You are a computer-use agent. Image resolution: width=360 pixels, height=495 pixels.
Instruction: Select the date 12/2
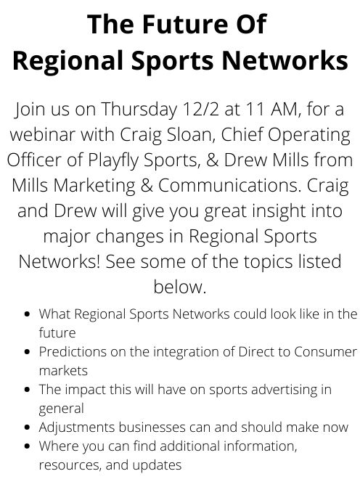click(x=201, y=109)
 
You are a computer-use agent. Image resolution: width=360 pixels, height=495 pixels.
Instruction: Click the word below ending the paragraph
click(x=180, y=287)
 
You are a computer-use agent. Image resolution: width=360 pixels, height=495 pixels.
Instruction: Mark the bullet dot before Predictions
click(x=27, y=352)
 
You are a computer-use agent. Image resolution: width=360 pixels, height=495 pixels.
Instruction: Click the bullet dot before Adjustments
click(x=27, y=427)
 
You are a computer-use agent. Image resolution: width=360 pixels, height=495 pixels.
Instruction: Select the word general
click(x=61, y=409)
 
